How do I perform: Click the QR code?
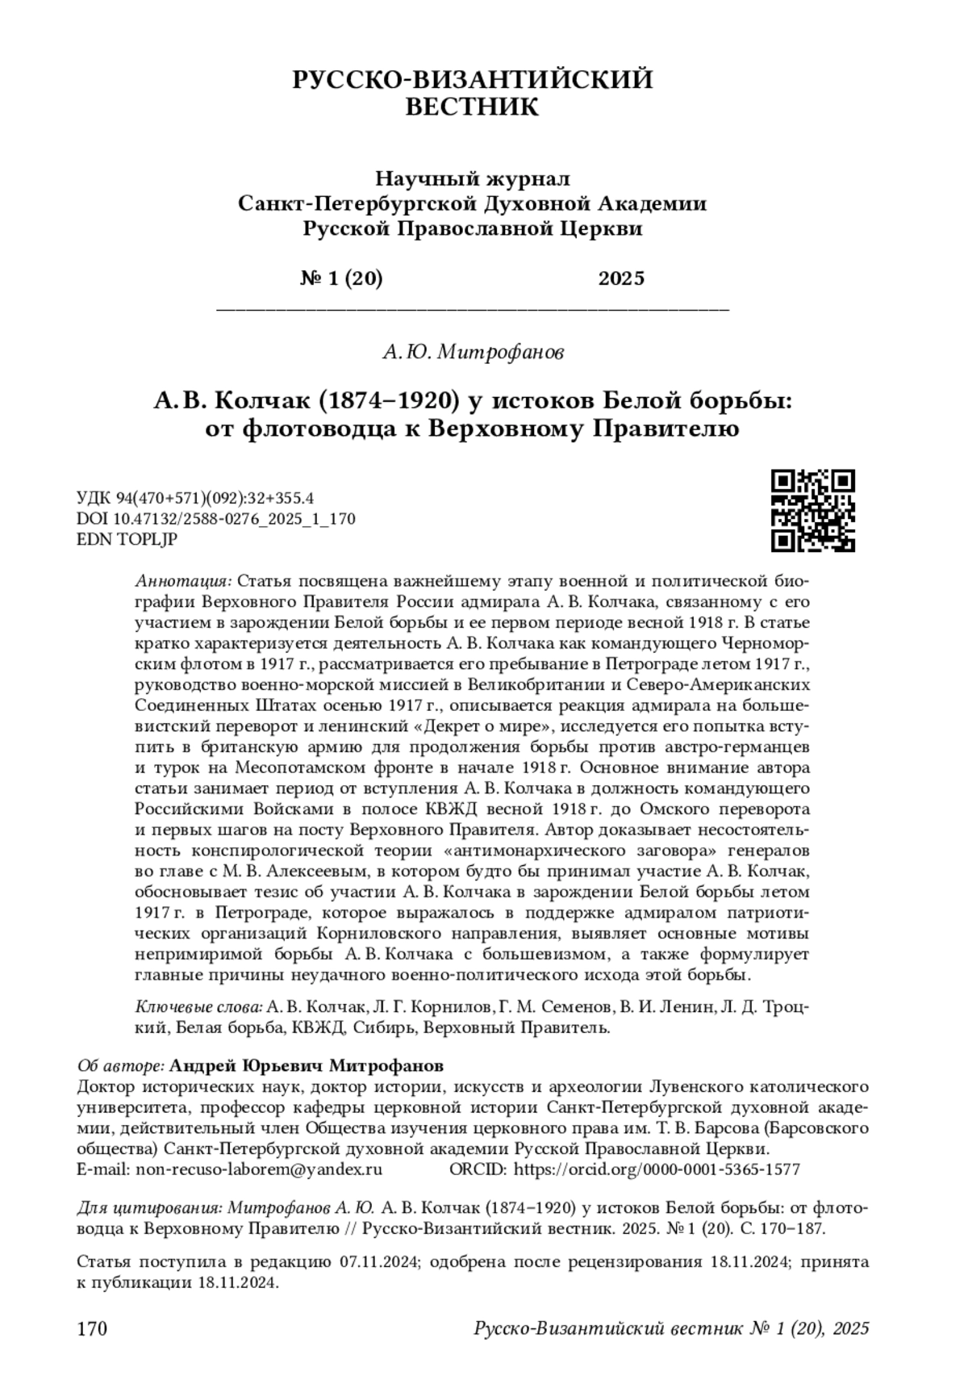click(812, 510)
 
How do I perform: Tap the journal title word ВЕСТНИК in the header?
click(471, 107)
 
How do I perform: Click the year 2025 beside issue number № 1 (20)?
click(621, 278)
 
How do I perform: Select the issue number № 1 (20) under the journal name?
click(341, 278)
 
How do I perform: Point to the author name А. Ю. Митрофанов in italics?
click(473, 352)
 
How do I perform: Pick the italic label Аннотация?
click(184, 581)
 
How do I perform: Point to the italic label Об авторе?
click(121, 1064)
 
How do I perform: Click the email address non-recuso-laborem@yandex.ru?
click(259, 1169)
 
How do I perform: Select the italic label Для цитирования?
click(149, 1208)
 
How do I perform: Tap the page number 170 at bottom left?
click(91, 1328)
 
